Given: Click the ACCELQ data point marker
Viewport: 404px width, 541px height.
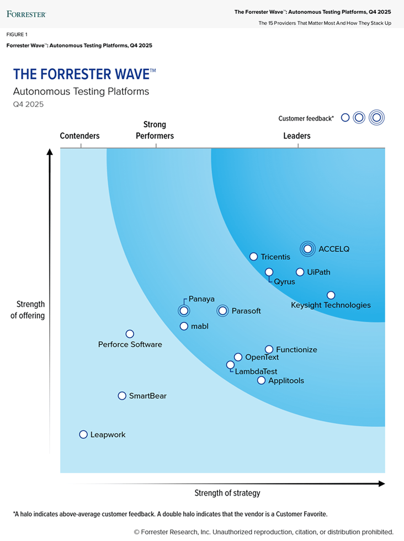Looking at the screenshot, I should pos(308,249).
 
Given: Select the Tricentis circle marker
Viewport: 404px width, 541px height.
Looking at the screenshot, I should pos(254,257).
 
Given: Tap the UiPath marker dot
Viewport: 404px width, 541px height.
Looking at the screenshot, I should pos(300,272).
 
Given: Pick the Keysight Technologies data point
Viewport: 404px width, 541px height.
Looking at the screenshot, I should pos(331,295).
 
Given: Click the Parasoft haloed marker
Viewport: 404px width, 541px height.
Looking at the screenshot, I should pos(222,311).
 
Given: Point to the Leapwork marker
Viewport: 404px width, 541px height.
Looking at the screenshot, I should pos(83,434).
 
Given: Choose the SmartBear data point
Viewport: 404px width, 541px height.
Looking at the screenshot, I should pos(123,396).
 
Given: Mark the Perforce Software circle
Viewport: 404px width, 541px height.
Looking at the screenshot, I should pos(130,334).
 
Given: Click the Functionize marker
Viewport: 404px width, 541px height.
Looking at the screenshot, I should pos(269,349).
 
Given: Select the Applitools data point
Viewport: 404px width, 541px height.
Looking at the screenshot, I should pos(262,380).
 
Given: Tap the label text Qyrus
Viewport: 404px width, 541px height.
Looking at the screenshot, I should pos(285,282).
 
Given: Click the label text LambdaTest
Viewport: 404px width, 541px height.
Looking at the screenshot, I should pos(256,372).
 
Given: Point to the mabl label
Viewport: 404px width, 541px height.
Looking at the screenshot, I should pos(200,326).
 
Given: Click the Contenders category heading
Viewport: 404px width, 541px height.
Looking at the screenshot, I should pos(80,136).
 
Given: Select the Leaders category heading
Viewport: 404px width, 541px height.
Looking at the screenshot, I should pos(297,136).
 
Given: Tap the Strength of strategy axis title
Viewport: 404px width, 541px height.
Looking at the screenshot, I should pos(227,493).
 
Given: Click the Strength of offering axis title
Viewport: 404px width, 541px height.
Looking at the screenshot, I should pos(31,310).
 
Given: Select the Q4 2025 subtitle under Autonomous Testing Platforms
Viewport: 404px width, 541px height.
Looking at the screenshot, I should pos(28,104).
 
